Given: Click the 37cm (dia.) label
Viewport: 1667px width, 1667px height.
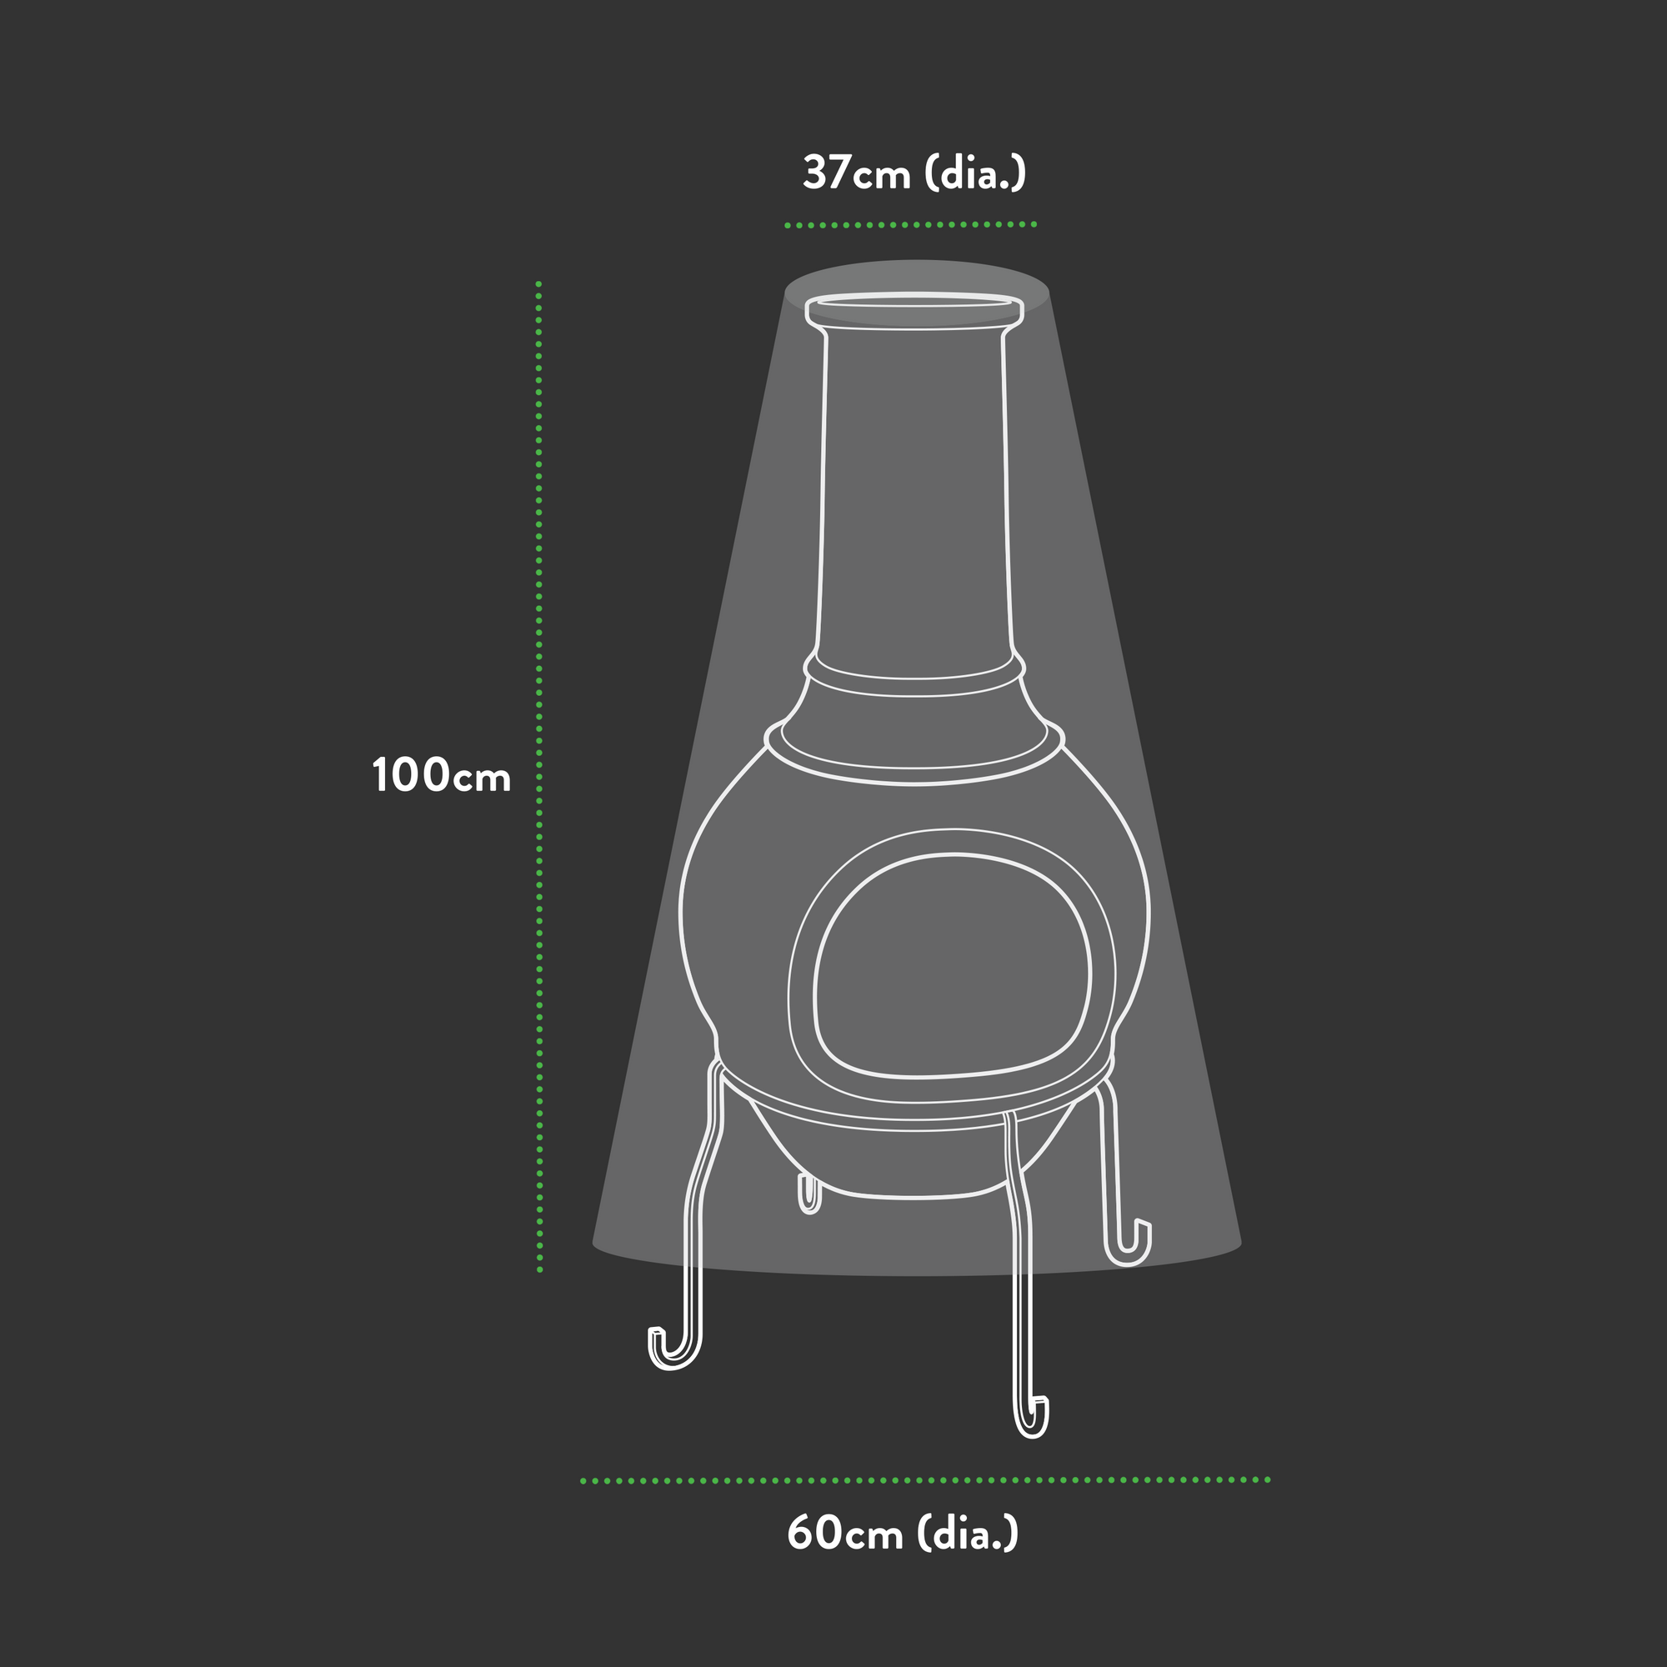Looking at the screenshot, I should (x=914, y=173).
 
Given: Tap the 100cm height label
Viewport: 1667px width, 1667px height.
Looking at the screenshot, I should (x=441, y=776).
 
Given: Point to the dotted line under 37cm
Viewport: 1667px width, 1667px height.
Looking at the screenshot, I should (x=910, y=225).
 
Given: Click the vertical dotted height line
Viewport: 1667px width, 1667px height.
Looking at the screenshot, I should (x=539, y=777).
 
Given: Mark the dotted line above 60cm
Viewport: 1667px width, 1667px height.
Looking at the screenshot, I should (x=925, y=1480).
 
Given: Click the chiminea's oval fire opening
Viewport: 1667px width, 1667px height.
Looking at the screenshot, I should (x=953, y=966).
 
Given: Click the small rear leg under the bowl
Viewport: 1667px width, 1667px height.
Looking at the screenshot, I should (x=808, y=1196).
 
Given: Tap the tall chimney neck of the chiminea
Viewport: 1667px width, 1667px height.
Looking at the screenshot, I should (x=914, y=500).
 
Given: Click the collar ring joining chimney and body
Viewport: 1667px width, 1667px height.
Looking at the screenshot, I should (x=914, y=682).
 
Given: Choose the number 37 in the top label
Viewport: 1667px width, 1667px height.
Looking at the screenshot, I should (x=828, y=173).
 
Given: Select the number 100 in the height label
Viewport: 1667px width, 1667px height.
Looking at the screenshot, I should (x=411, y=776).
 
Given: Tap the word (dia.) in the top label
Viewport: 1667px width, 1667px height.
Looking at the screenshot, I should (x=976, y=173).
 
